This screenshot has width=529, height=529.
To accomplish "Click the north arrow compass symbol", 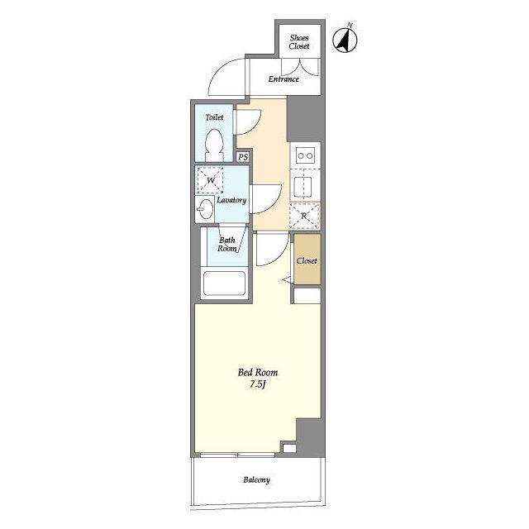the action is [x=346, y=40].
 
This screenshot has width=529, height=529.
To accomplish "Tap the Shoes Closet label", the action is [x=299, y=42].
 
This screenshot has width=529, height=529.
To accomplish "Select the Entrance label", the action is [x=284, y=79].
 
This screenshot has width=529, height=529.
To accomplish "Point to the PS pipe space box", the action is [x=243, y=157].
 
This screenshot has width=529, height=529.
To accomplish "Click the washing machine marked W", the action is [x=210, y=180].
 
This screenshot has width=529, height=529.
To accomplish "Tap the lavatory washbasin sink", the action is [x=205, y=209].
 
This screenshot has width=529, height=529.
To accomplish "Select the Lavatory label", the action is [x=231, y=200].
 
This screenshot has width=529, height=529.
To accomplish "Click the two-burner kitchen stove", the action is [x=305, y=155].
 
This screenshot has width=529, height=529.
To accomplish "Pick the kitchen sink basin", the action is [x=303, y=187].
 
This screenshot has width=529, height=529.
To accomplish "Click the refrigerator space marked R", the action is [x=305, y=216].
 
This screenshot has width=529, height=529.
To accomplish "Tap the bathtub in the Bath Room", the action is [x=224, y=284].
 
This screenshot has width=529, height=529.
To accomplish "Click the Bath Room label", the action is [x=227, y=245].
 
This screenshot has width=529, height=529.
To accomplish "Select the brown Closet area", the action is [x=307, y=259].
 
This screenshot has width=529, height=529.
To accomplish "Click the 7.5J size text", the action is [x=258, y=384].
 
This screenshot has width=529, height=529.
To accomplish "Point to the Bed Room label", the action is [x=258, y=373].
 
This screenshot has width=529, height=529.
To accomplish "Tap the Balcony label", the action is [x=256, y=479].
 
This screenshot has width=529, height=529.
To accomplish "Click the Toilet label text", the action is [x=214, y=117].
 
